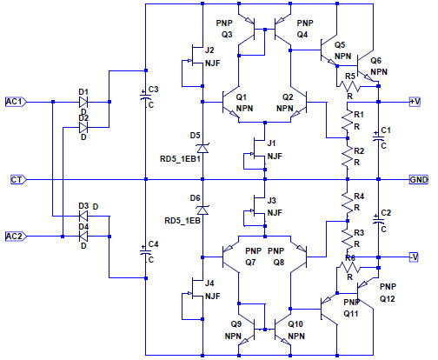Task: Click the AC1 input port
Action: coord(17,102)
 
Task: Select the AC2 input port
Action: coord(17,237)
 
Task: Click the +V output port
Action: coord(415,102)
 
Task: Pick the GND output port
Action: coord(419,180)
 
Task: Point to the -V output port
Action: coord(414,257)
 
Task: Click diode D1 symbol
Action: coord(83,102)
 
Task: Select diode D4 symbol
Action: coord(83,237)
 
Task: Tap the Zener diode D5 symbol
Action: coord(202,149)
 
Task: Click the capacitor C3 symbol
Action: coord(146,97)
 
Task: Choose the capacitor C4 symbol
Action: coord(146,251)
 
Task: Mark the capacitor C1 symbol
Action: coord(378,138)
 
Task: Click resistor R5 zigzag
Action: coord(349,86)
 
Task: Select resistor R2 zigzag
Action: coord(348,157)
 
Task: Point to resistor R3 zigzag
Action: coord(348,238)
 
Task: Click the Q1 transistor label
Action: coord(242,97)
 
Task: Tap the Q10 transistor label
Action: coord(295,324)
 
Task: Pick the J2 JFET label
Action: coord(209,50)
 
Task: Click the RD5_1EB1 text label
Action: coord(180,159)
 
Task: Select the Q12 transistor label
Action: coord(387,298)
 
